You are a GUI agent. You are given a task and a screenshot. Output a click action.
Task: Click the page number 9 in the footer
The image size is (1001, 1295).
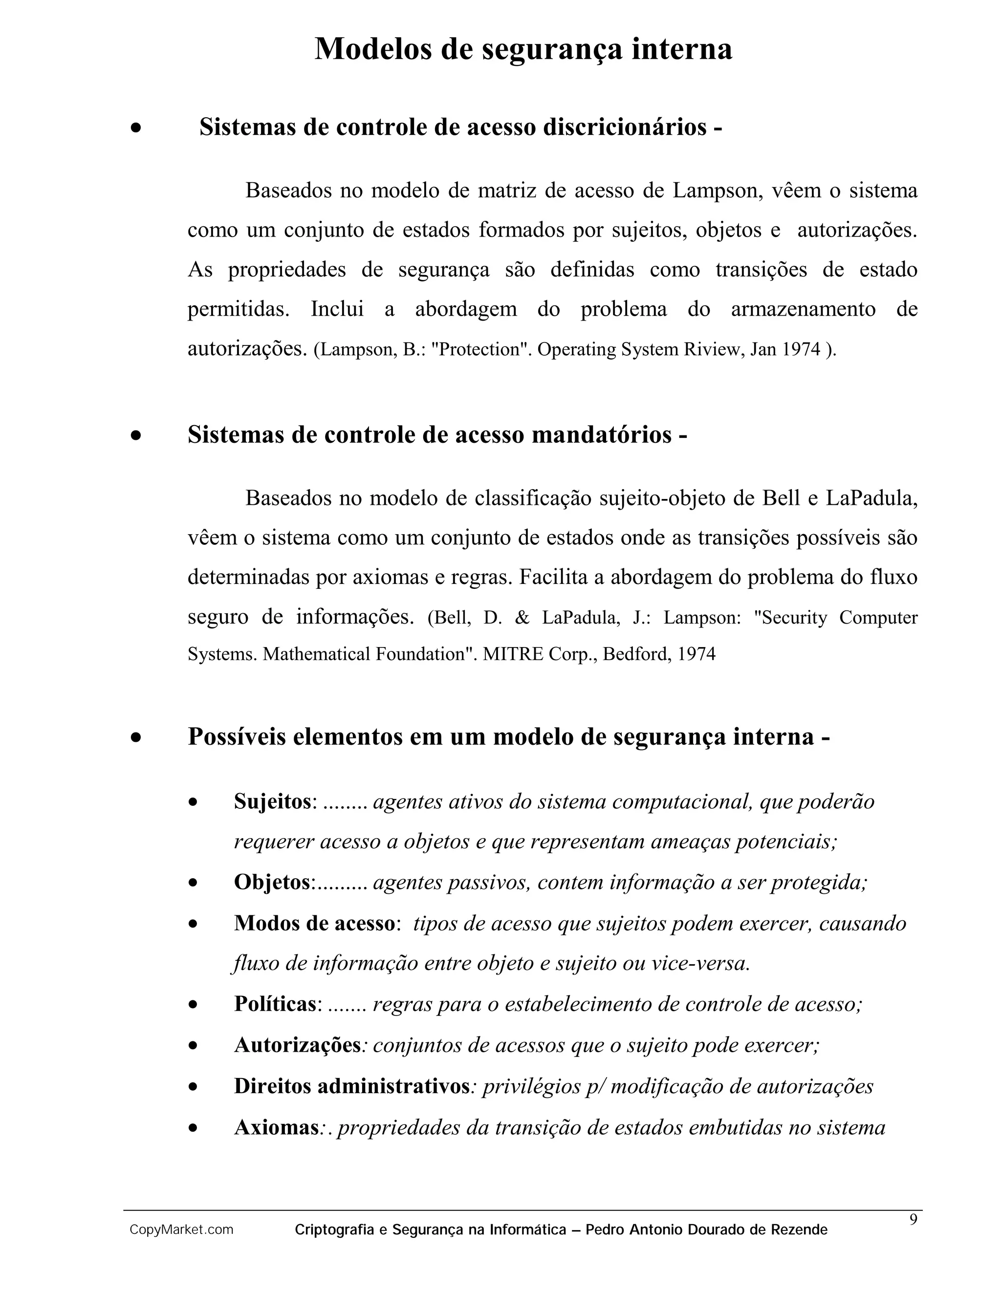click(913, 1220)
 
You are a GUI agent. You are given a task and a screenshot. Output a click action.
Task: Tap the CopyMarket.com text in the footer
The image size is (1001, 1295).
click(181, 1230)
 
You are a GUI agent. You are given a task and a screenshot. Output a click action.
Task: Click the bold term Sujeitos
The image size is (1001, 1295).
click(272, 801)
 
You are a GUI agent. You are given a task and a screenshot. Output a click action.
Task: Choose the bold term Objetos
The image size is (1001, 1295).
click(272, 882)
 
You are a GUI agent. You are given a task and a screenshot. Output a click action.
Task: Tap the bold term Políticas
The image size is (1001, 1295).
click(276, 1004)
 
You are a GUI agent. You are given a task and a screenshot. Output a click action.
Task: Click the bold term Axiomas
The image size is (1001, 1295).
click(276, 1127)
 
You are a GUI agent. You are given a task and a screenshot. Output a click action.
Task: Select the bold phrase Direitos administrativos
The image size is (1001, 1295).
click(351, 1086)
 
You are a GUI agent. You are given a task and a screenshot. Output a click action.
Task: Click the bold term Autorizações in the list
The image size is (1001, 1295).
click(297, 1045)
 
